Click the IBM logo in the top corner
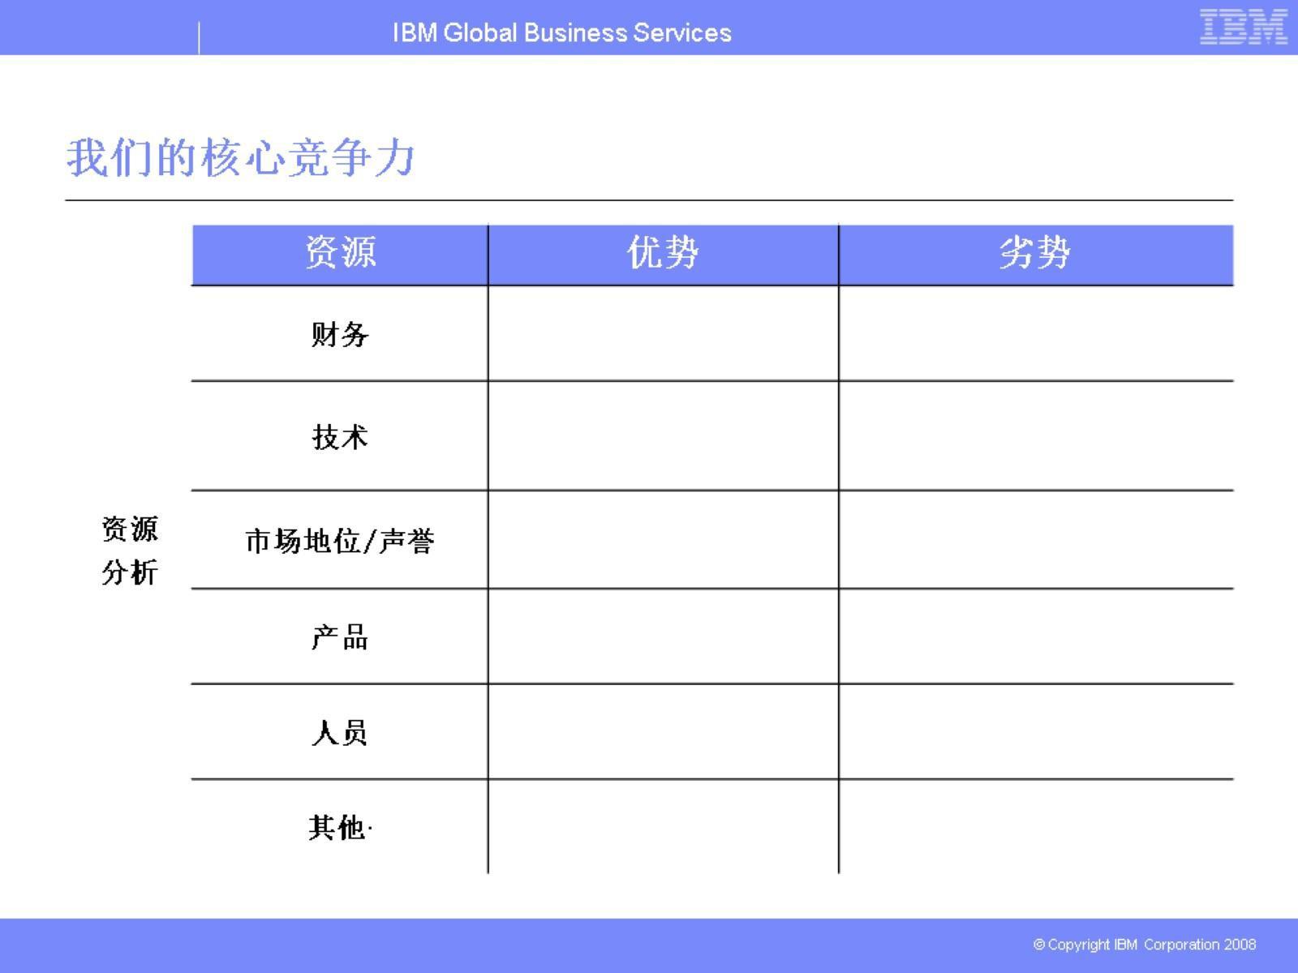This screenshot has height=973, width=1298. click(x=1243, y=27)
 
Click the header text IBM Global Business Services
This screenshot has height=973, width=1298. click(x=561, y=32)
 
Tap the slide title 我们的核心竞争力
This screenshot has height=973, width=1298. click(x=241, y=157)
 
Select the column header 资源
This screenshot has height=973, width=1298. click(x=340, y=252)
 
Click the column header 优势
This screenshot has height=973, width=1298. click(x=663, y=252)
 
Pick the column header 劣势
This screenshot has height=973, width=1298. click(x=1035, y=252)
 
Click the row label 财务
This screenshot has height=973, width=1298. click(x=340, y=334)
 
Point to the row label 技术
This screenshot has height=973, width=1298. click(x=340, y=437)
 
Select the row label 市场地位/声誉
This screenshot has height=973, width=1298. click(x=340, y=541)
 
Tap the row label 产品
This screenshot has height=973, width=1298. click(x=340, y=637)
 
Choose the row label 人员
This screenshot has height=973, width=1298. click(x=340, y=733)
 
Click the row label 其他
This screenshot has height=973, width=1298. click(x=337, y=828)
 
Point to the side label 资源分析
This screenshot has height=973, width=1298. click(x=130, y=551)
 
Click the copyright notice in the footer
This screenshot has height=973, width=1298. click(x=1144, y=945)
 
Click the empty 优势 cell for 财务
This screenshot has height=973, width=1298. click(x=663, y=333)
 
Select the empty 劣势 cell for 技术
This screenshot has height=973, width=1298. click(x=1036, y=435)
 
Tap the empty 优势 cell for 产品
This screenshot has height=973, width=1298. click(x=663, y=637)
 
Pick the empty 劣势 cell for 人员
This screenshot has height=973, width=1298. click(x=1036, y=731)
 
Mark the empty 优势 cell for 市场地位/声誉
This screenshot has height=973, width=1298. click(x=663, y=539)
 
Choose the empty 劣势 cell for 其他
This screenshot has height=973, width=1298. click(x=1036, y=826)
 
